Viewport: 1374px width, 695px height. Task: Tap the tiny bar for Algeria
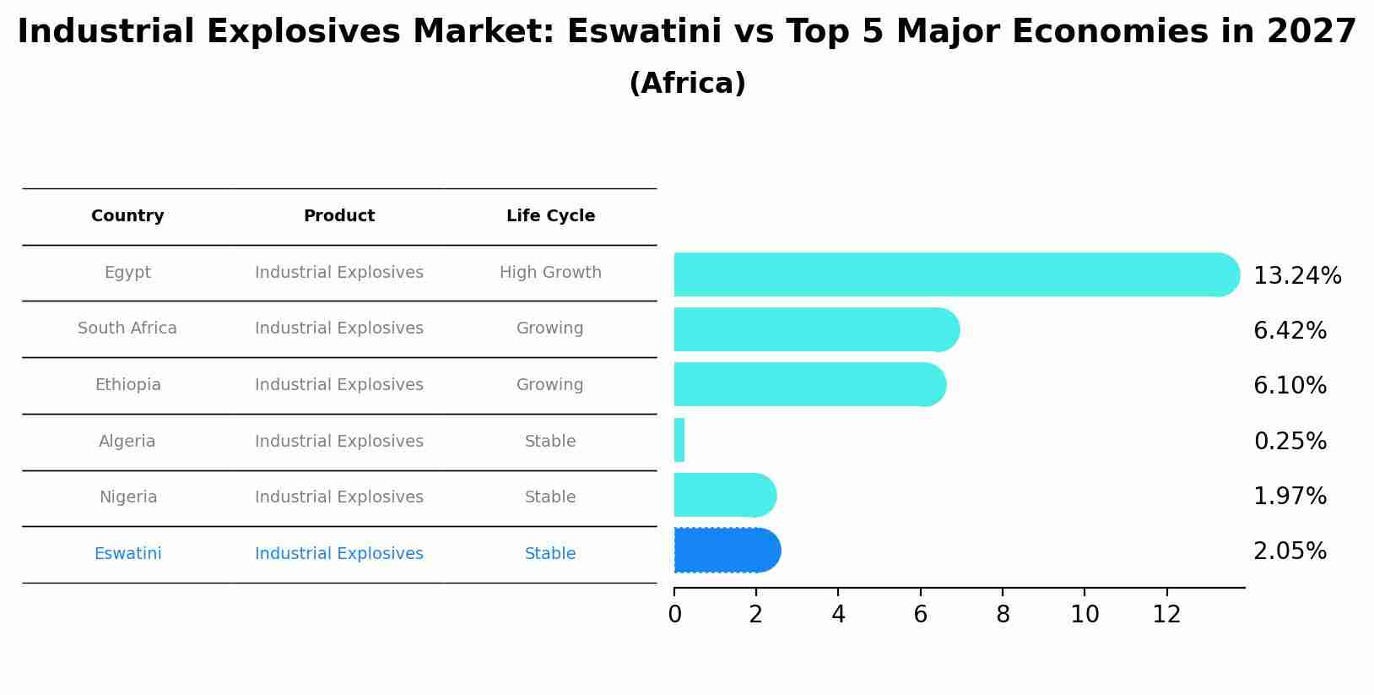click(x=679, y=440)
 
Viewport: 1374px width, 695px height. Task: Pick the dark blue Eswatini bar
click(x=727, y=551)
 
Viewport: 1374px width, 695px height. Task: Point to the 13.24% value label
click(x=1297, y=276)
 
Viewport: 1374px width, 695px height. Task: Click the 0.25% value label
click(x=1290, y=441)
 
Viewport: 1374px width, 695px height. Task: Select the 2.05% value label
click(x=1290, y=551)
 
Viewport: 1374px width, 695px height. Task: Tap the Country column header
click(x=127, y=216)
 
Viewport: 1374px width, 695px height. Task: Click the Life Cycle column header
click(x=550, y=216)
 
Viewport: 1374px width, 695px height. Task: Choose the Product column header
click(x=339, y=216)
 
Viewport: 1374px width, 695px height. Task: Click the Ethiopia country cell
click(x=127, y=385)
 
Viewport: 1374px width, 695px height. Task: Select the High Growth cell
click(x=550, y=273)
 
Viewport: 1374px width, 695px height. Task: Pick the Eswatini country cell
click(x=127, y=554)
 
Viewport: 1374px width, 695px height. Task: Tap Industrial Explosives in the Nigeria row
click(x=339, y=497)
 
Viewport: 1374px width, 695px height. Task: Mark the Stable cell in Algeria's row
click(x=550, y=442)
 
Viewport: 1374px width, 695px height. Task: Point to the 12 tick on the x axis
click(x=1166, y=615)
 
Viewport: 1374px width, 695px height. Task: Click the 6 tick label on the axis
click(x=920, y=615)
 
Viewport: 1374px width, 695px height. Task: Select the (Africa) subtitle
click(x=687, y=84)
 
